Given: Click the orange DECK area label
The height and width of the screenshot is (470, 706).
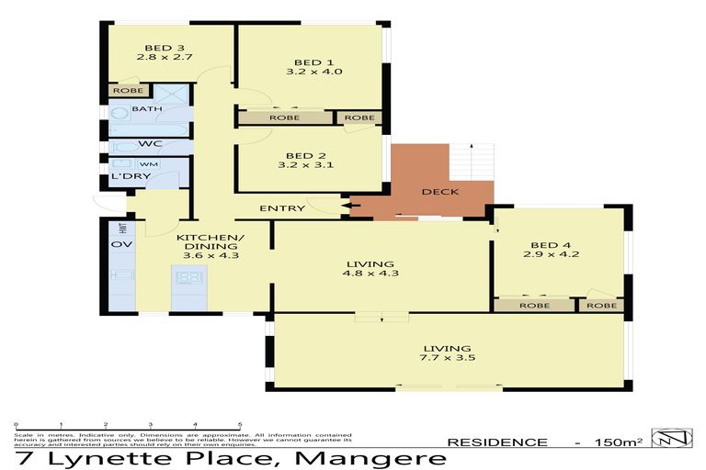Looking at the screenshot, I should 440,193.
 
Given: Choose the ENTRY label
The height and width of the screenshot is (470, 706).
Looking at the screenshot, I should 281,208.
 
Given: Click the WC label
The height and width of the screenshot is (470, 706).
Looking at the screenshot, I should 150,144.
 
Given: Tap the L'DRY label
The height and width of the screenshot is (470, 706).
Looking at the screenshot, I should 124,176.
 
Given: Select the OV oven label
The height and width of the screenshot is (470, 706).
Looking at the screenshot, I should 119,244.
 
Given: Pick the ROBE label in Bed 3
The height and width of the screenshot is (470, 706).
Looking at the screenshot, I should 125,91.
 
